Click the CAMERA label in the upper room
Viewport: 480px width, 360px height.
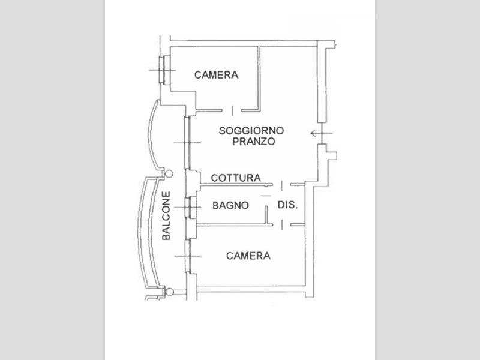(x=216, y=75)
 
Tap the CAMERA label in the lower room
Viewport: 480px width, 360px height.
(x=248, y=256)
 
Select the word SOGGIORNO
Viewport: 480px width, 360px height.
(x=251, y=131)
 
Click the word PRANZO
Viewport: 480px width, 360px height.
(x=253, y=142)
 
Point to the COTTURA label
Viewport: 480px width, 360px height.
(x=236, y=178)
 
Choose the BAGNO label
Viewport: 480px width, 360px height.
(x=230, y=205)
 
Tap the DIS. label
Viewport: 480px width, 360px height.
(x=287, y=205)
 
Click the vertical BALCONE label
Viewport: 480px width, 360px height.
(x=166, y=216)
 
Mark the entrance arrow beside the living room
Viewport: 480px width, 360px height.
(x=322, y=133)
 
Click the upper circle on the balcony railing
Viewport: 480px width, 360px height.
(x=169, y=174)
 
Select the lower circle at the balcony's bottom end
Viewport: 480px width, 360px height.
(x=169, y=292)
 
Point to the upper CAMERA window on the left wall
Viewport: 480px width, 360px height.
(x=164, y=70)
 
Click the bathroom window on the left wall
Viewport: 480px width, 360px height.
(x=190, y=207)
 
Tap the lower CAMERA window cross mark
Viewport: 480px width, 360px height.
(x=188, y=256)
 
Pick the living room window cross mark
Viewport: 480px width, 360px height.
(x=187, y=143)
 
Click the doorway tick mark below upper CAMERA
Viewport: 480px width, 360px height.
(x=233, y=110)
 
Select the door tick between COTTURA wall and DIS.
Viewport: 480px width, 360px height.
(x=282, y=185)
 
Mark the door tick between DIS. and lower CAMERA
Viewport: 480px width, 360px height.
(x=282, y=225)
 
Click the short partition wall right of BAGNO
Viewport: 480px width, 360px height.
(x=266, y=215)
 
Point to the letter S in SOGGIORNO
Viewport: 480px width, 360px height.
(x=222, y=131)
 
